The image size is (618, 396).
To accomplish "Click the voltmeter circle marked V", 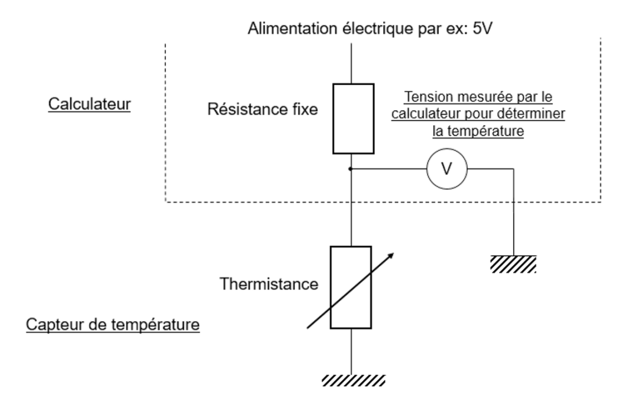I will [x=446, y=170].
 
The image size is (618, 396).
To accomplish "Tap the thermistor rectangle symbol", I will [x=351, y=287].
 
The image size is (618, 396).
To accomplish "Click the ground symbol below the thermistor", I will [x=353, y=380].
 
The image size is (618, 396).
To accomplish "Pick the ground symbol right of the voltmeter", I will [x=513, y=263].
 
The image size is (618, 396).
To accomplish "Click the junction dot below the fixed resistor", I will [x=351, y=170].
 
